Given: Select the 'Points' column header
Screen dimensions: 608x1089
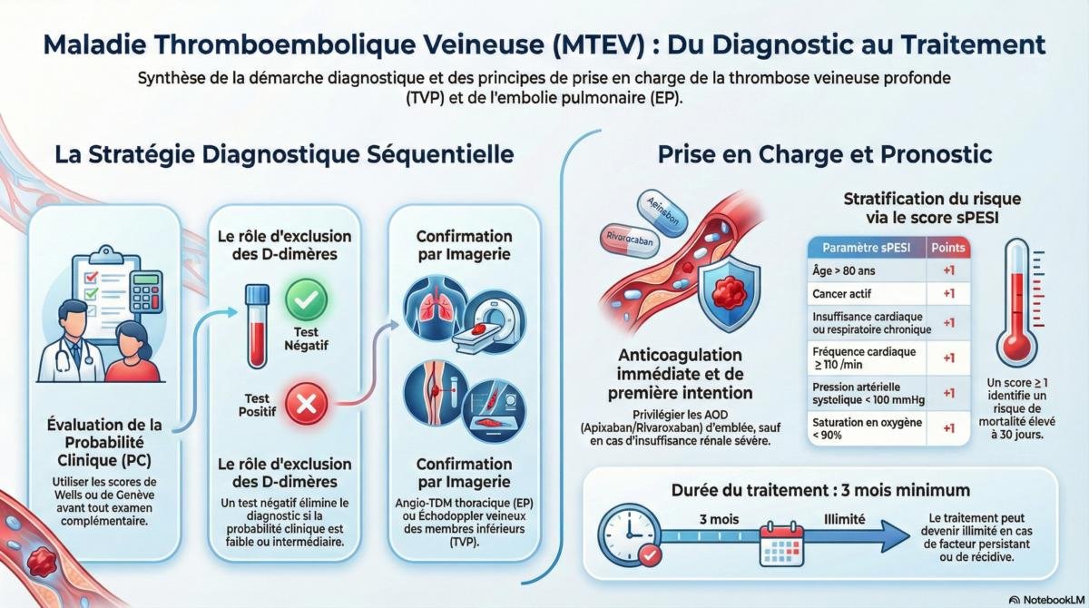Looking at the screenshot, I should (949, 248).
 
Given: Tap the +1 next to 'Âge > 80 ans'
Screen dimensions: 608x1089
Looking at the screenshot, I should (949, 270).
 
